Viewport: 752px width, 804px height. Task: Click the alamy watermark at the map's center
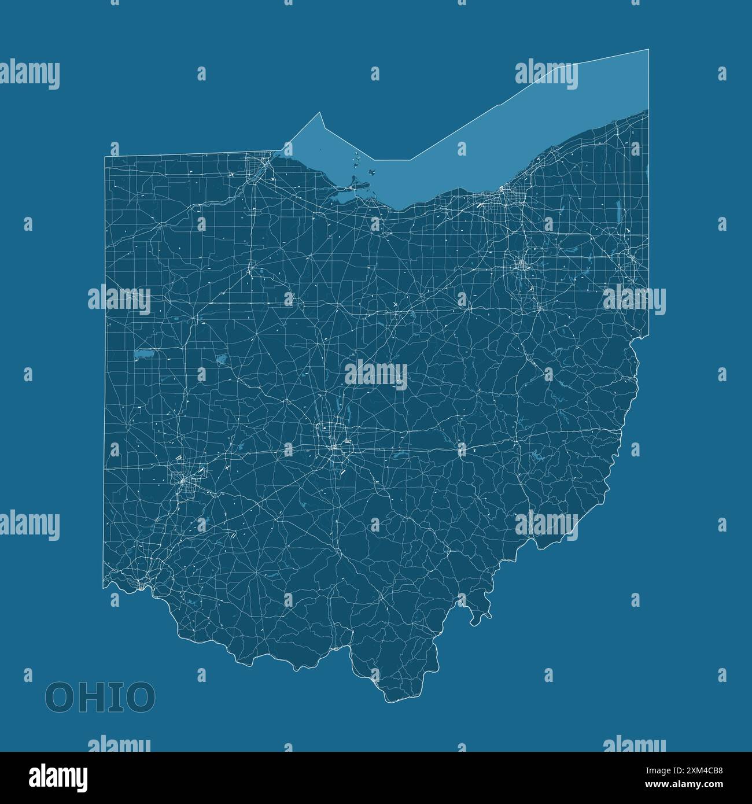(376, 372)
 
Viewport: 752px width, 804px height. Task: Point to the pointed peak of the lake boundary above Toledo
(319, 113)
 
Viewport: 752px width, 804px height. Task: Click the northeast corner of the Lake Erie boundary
(648, 50)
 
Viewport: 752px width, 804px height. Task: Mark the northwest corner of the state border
(105, 157)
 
